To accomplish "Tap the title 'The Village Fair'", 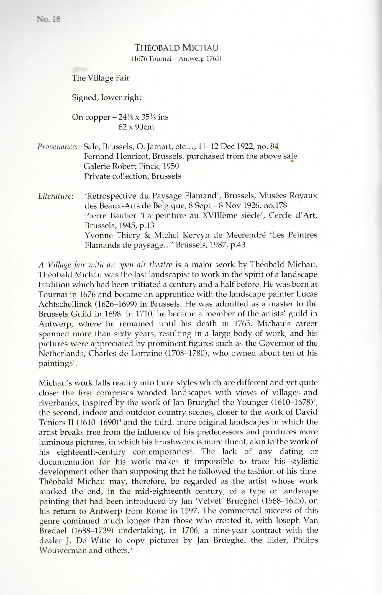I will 101,78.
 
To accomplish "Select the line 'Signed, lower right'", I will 107,97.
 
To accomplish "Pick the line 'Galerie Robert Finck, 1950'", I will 132,166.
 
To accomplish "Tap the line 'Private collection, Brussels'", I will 132,176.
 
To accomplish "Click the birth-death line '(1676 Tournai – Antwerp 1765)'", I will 176,58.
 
